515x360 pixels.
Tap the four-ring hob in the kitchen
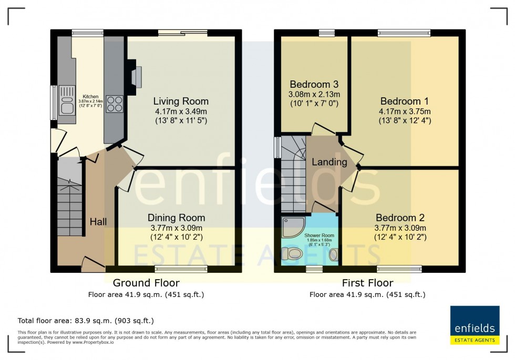pyautogui.click(x=115, y=103)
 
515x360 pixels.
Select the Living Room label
pyautogui.click(x=181, y=101)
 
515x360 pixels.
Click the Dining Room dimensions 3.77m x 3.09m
pyautogui.click(x=176, y=228)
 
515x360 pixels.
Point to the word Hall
pyautogui.click(x=98, y=221)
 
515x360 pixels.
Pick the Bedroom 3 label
pyautogui.click(x=314, y=84)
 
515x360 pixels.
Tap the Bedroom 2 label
pyautogui.click(x=400, y=218)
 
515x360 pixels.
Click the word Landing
pyautogui.click(x=329, y=162)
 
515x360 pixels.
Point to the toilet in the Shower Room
pyautogui.click(x=292, y=254)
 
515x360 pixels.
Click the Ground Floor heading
pyautogui.click(x=146, y=283)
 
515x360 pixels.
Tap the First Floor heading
pyautogui.click(x=367, y=283)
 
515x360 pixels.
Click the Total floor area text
pyautogui.click(x=86, y=320)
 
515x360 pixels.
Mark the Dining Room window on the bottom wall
pyautogui.click(x=184, y=269)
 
